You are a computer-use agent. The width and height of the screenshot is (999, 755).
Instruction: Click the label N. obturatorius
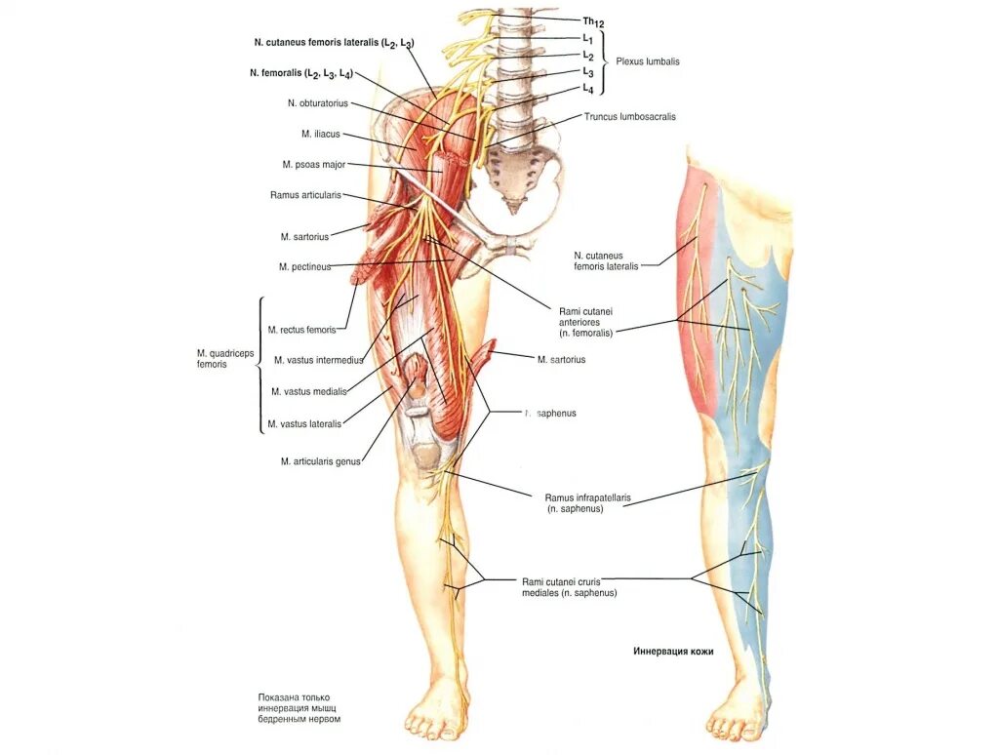click(317, 102)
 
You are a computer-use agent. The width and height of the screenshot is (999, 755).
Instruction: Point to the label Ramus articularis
click(305, 195)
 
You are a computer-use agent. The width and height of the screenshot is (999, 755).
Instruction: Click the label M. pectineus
click(304, 266)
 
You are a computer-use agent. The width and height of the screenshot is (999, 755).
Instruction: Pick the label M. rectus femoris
click(307, 330)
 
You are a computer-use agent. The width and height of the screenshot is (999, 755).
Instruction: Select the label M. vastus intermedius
click(318, 360)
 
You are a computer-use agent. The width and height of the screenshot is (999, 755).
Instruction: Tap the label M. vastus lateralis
click(304, 423)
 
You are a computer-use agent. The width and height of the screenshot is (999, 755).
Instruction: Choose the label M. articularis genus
click(320, 461)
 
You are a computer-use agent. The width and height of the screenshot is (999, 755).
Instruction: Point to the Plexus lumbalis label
click(647, 61)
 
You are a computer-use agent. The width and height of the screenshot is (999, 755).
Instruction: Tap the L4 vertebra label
click(588, 89)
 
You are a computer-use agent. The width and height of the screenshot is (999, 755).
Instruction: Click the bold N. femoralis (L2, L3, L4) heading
click(300, 73)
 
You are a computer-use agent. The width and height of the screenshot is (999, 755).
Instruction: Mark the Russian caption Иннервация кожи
click(673, 651)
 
